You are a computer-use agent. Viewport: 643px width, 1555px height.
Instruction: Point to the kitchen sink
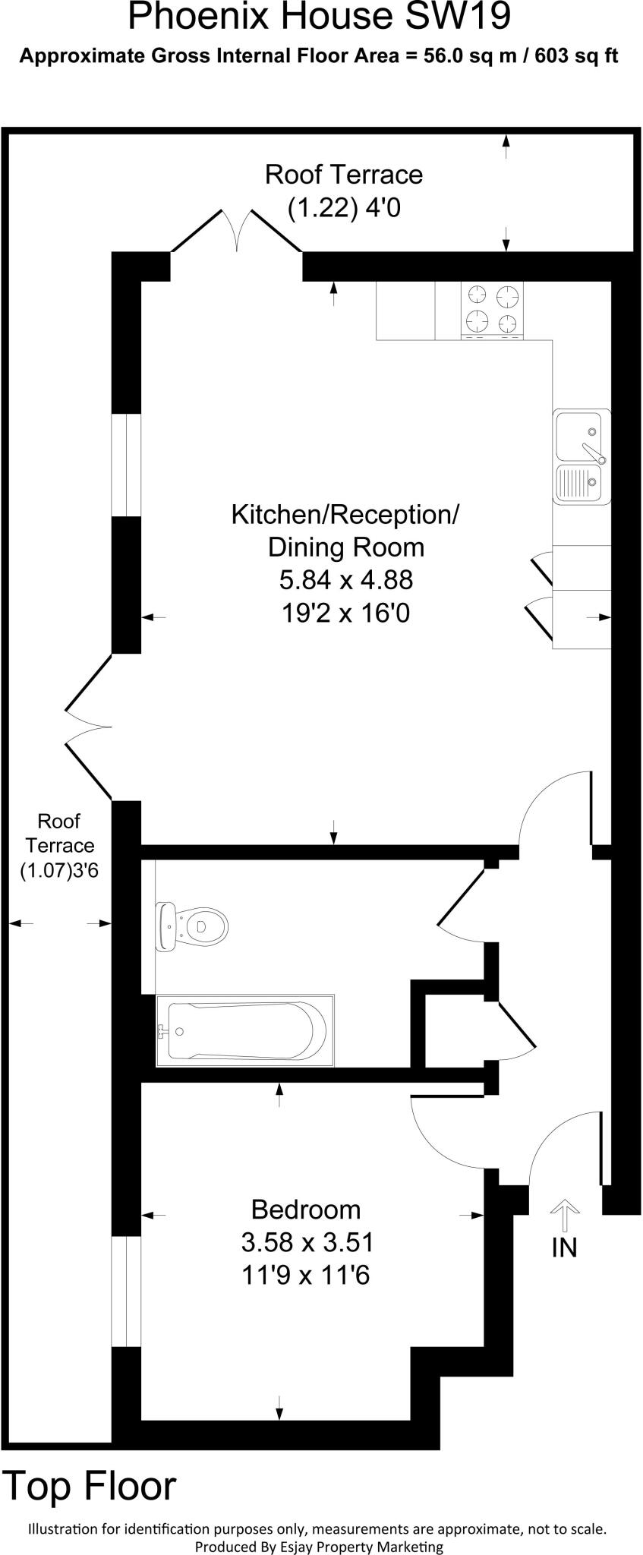point(582,456)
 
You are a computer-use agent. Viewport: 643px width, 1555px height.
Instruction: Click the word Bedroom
point(306,1208)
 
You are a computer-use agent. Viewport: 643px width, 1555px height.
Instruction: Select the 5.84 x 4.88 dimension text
point(345,580)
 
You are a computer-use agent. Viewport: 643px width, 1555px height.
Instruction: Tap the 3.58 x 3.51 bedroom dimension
point(307,1242)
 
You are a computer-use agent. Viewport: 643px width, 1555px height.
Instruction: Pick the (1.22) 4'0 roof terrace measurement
point(344,207)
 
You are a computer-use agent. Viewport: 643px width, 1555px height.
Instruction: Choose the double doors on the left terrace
point(90,727)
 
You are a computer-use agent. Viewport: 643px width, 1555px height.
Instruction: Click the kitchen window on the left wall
point(126,465)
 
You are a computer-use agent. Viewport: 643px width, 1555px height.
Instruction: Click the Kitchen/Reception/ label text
point(345,515)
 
